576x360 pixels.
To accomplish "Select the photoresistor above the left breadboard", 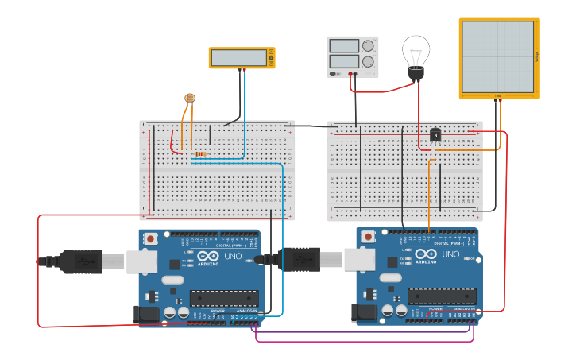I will (x=189, y=98).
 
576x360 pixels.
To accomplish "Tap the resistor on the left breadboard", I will (x=200, y=153).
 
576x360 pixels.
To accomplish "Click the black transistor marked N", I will (x=435, y=134).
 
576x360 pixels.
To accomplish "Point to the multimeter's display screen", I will (x=239, y=58).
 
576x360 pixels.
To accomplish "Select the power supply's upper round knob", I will (x=368, y=46).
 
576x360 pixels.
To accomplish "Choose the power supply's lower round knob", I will (x=368, y=62).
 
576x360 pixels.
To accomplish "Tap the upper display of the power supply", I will (x=344, y=46).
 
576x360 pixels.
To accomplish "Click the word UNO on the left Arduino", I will (x=233, y=255).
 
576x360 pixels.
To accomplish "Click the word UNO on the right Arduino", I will (x=450, y=254).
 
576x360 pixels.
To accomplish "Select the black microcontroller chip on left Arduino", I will (x=223, y=298).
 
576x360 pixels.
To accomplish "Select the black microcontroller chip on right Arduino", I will (x=441, y=296).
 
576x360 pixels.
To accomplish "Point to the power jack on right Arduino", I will (x=365, y=313).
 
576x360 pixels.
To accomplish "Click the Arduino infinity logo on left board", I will (x=207, y=256).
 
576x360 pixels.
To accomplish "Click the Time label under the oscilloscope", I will (x=498, y=96).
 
